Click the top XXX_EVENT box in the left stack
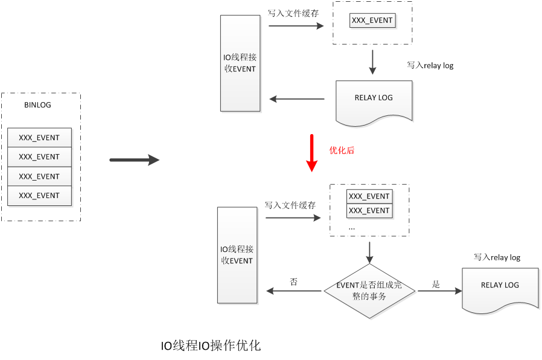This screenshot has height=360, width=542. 39,138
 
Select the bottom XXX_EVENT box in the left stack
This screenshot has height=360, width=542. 39,196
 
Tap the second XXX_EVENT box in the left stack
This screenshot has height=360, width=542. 39,157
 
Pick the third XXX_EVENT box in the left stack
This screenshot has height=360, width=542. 39,176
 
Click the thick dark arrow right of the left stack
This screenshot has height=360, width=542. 134,160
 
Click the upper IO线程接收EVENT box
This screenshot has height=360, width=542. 240,63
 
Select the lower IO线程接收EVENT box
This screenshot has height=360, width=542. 237,255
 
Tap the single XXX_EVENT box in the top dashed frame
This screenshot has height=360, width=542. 372,21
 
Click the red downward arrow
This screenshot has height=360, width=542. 311,153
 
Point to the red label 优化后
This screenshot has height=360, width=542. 342,150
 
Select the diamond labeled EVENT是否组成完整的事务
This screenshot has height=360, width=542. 370,291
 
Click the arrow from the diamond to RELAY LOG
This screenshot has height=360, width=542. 439,291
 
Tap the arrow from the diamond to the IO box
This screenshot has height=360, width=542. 295,291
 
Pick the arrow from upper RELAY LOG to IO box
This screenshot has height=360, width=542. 297,99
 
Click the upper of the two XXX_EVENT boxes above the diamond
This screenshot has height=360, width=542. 369,196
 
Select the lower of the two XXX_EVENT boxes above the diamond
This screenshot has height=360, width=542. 369,211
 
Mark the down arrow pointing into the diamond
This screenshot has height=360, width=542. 370,252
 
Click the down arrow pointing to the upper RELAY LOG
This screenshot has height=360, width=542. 372,62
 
